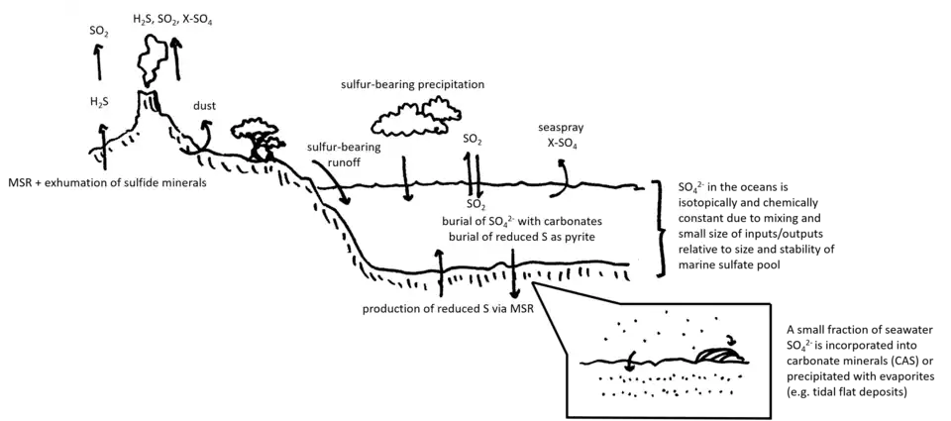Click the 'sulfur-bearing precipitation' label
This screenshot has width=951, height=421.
click(411, 84)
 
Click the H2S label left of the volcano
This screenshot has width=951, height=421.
click(100, 101)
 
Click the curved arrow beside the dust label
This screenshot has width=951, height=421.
click(205, 132)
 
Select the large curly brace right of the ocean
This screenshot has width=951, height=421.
click(659, 229)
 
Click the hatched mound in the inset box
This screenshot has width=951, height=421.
click(719, 354)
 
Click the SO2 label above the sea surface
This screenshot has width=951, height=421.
click(473, 140)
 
